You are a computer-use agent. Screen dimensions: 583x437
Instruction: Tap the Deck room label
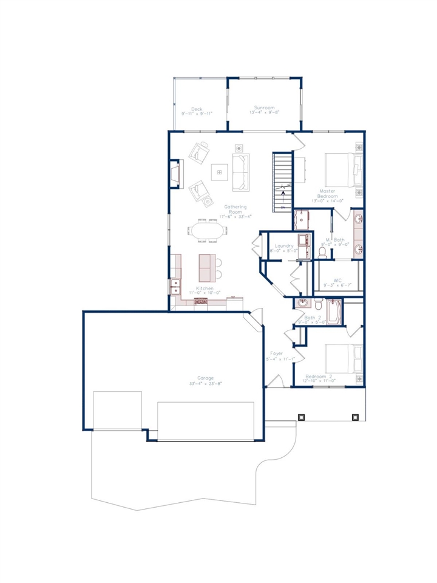pos(197,109)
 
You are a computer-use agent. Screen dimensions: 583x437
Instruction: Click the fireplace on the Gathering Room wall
pos(174,175)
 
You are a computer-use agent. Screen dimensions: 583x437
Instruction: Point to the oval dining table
pos(206,231)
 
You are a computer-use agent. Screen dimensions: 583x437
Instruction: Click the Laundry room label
pos(283,245)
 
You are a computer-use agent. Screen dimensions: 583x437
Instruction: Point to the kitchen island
pos(206,267)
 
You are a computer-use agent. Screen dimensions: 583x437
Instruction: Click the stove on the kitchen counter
pos(202,300)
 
